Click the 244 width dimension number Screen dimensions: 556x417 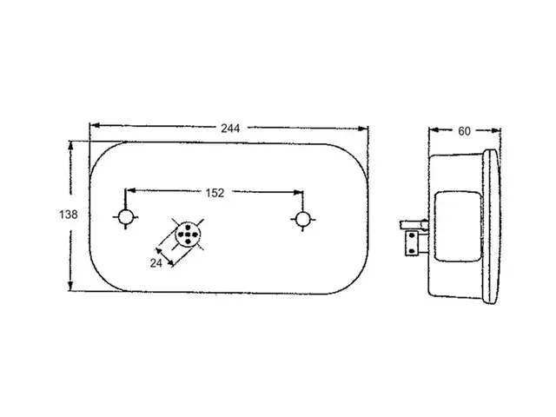pyautogui.click(x=230, y=128)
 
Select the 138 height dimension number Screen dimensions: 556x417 pyautogui.click(x=68, y=215)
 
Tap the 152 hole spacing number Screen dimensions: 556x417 pyautogui.click(x=215, y=193)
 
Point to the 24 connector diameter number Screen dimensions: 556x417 pyautogui.click(x=156, y=263)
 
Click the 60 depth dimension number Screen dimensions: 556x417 pyautogui.click(x=464, y=131)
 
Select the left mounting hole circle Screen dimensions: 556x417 pyautogui.click(x=125, y=217)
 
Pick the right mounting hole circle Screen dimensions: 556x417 pyautogui.click(x=303, y=219)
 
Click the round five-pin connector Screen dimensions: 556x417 pyautogui.click(x=188, y=235)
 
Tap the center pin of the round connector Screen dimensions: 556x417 pyautogui.click(x=188, y=235)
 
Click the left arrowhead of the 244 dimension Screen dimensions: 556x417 pyautogui.click(x=95, y=125)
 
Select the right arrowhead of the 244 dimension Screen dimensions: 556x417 pyautogui.click(x=363, y=129)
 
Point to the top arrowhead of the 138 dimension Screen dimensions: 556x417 pyautogui.click(x=70, y=146)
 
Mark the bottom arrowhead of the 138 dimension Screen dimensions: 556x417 pyautogui.click(x=70, y=286)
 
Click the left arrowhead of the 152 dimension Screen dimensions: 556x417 pyautogui.click(x=130, y=190)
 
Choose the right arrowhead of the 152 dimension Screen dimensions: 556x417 pyautogui.click(x=298, y=193)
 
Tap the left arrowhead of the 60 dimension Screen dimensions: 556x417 pyautogui.click(x=434, y=129)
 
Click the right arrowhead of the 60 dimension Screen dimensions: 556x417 pyautogui.click(x=495, y=130)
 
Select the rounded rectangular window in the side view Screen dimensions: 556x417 pyautogui.click(x=458, y=227)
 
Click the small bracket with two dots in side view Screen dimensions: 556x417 pyautogui.click(x=412, y=243)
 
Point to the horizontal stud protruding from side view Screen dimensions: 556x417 pyautogui.click(x=414, y=224)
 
